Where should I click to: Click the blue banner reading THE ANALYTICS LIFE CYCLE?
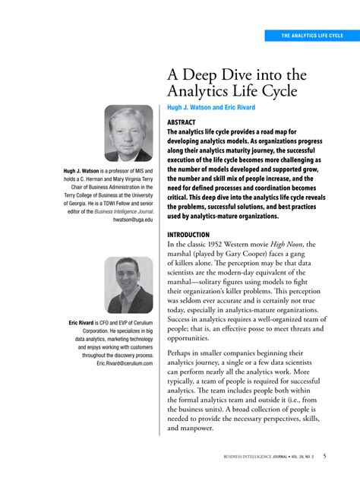click(x=311, y=36)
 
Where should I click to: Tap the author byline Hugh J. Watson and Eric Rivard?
click(x=215, y=108)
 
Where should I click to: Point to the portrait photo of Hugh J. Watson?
click(x=128, y=133)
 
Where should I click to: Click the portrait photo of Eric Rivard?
click(x=128, y=285)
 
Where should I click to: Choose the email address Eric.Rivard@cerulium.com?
click(x=125, y=364)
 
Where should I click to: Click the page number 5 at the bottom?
click(x=325, y=456)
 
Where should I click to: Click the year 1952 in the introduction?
click(x=219, y=244)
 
